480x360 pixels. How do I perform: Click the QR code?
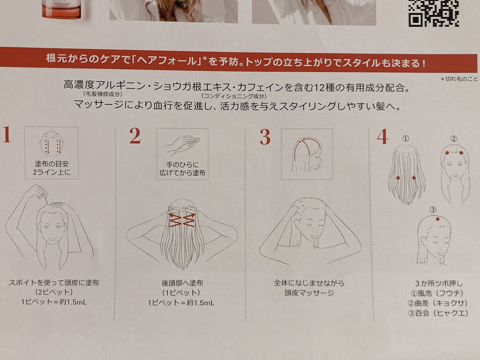[434, 13]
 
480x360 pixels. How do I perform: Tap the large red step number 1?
[7, 135]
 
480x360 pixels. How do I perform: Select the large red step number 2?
[135, 136]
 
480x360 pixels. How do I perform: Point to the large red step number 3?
[265, 137]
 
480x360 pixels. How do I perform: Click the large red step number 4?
[382, 136]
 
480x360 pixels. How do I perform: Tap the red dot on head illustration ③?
[437, 219]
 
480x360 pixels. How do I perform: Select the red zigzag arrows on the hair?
[182, 220]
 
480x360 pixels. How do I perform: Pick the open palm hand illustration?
[182, 145]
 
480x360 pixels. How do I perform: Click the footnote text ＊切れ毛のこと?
[459, 79]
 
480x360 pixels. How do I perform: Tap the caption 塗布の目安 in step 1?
[52, 164]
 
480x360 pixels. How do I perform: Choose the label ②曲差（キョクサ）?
[438, 303]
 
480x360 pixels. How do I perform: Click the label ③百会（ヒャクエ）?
[438, 313]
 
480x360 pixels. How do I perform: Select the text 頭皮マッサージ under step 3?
[309, 292]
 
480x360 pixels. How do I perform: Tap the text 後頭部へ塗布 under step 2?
[182, 283]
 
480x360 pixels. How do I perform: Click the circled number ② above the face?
[454, 139]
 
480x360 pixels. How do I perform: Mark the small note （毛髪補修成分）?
[103, 94]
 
